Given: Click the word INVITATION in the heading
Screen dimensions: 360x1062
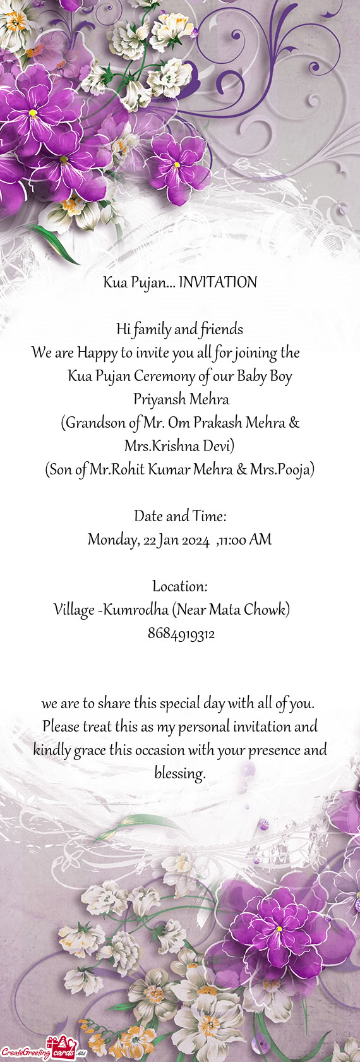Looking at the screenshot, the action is pos(218,282).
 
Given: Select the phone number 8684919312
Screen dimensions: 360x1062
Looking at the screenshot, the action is pos(181,634).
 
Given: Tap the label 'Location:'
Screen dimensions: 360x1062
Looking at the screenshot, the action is pos(180,586).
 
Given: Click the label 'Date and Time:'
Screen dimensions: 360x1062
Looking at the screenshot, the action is pos(180,516).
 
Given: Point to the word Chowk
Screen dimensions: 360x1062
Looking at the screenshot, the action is pos(267,610).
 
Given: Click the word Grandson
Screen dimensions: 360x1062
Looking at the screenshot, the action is pos(95,423).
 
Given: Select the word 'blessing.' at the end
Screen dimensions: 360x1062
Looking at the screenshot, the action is pos(180,773).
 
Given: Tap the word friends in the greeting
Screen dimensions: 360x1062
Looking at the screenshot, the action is pos(222,329).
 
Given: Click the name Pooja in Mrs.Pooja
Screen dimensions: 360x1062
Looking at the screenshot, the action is pos(295,469).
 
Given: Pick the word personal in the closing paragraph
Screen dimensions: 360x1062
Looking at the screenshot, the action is pos(204,727).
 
